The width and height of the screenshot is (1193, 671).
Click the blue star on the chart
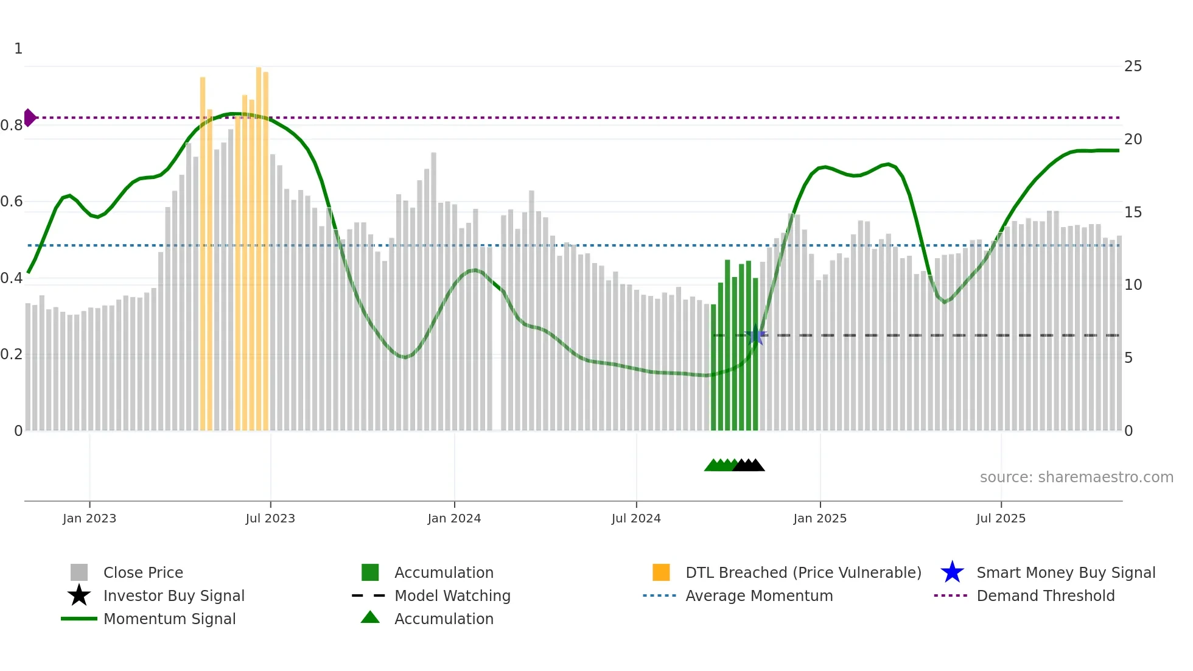click(x=755, y=335)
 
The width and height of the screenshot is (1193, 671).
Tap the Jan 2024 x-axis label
click(x=454, y=518)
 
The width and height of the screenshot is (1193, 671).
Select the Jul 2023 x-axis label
click(x=270, y=518)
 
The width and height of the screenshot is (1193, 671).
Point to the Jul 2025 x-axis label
click(x=1001, y=518)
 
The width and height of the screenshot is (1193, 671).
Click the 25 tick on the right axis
click(x=1133, y=66)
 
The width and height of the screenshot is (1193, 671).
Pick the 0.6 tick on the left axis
click(x=12, y=202)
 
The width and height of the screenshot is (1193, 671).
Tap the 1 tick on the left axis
click(x=18, y=49)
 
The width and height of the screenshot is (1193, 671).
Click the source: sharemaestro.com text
click(x=1076, y=477)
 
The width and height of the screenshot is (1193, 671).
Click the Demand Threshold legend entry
click(x=1045, y=595)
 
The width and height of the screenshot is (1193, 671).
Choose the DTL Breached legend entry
click(x=803, y=572)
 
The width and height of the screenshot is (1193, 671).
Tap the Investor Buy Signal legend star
click(x=79, y=595)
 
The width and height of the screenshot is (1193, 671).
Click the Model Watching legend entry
click(x=452, y=595)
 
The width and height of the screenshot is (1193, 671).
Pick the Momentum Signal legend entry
click(x=169, y=619)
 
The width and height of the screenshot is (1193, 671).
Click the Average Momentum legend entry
click(x=758, y=595)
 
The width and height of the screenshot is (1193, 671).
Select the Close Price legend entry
click(x=143, y=572)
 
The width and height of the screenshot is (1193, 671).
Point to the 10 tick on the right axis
click(x=1133, y=285)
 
